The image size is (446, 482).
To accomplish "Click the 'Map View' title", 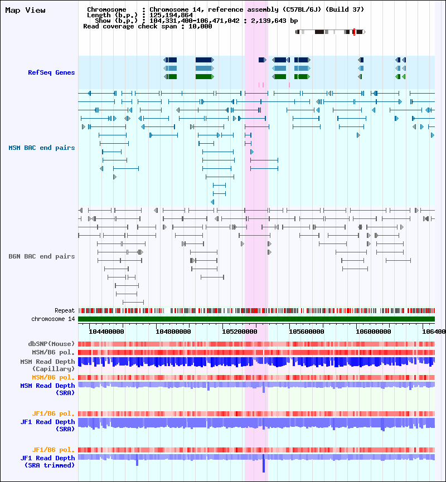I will (26, 10).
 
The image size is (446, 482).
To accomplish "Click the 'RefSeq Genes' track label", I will (51, 72).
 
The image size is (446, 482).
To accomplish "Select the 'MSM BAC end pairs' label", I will (42, 148).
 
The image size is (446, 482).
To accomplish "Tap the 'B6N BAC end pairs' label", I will (42, 256).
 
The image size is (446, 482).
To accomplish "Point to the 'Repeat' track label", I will (65, 310).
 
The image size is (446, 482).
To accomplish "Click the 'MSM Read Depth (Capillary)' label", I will (47, 365).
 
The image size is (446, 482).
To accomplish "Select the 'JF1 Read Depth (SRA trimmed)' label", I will (47, 461).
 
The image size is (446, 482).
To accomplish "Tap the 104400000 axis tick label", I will (106, 331).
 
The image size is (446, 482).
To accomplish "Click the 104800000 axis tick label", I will (173, 331).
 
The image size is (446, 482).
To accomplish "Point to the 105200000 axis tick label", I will (240, 331).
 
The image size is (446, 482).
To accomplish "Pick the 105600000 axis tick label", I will (307, 331).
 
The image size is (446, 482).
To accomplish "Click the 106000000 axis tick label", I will (374, 331).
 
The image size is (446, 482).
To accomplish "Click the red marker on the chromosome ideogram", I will (354, 32).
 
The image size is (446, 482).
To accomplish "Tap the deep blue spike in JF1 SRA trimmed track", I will (264, 464).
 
